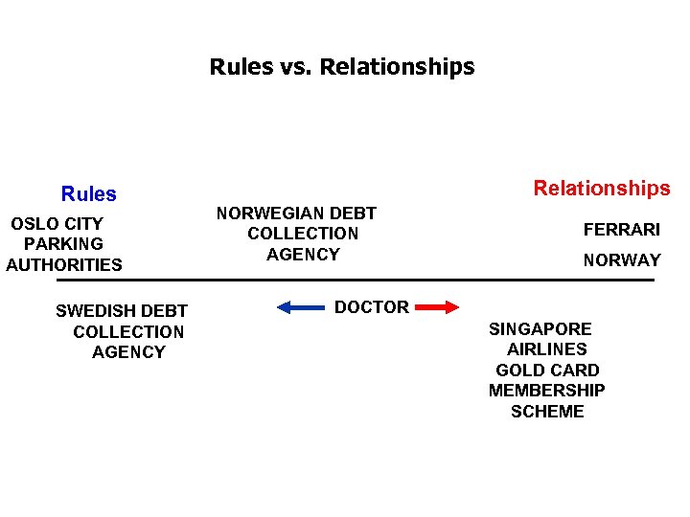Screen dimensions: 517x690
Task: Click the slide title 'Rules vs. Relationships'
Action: coord(342,67)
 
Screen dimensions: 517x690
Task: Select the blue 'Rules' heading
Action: coord(89,194)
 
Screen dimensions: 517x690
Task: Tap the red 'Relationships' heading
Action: coord(602,189)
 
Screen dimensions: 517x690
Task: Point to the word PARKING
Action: coord(64,244)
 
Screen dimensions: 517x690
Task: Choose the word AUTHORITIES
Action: coord(64,265)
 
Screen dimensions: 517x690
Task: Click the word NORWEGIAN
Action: coord(259,213)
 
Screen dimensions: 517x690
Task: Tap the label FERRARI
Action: coord(622,230)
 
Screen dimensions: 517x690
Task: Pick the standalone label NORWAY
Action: coord(622,259)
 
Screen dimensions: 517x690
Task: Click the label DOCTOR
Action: coord(372,307)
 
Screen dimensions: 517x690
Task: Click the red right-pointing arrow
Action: coord(440,307)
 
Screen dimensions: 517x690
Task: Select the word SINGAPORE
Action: coord(540,328)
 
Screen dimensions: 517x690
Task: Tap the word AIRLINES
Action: coord(547,349)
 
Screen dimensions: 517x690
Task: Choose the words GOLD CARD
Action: coord(547,371)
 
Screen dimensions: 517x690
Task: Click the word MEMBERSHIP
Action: coord(547,391)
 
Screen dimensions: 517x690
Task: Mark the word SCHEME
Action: coord(547,412)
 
